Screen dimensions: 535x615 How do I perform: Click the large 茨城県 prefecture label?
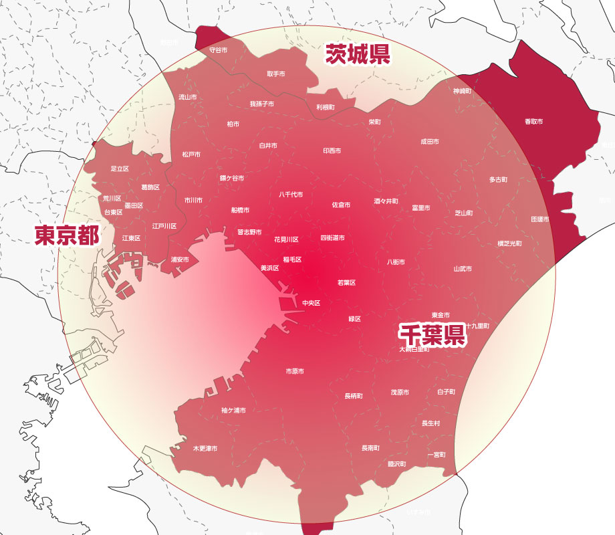(358, 54)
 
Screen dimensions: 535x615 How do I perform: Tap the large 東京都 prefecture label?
(67, 235)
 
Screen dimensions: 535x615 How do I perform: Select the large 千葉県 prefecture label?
(432, 334)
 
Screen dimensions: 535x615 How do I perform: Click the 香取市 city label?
(533, 122)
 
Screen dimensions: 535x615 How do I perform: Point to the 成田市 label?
(430, 142)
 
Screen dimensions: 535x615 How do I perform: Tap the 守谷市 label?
(219, 50)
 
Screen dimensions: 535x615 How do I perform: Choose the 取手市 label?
(276, 74)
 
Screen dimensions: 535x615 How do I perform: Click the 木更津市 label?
(205, 448)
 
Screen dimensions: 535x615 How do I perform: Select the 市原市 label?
(295, 371)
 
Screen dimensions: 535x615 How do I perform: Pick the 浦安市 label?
(180, 259)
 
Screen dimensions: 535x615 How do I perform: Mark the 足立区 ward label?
(120, 169)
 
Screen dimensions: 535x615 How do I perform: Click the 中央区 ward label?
(312, 303)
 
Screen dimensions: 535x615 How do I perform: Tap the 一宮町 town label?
(437, 455)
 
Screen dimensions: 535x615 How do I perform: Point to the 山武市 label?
(463, 269)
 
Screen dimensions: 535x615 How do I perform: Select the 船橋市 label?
(240, 210)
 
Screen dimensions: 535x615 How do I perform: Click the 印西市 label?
(332, 151)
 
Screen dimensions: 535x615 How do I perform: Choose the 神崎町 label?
(463, 90)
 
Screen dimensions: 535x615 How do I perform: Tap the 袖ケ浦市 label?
(233, 411)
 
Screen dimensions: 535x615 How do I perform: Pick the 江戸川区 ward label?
(164, 226)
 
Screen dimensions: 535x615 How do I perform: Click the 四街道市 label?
(332, 238)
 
